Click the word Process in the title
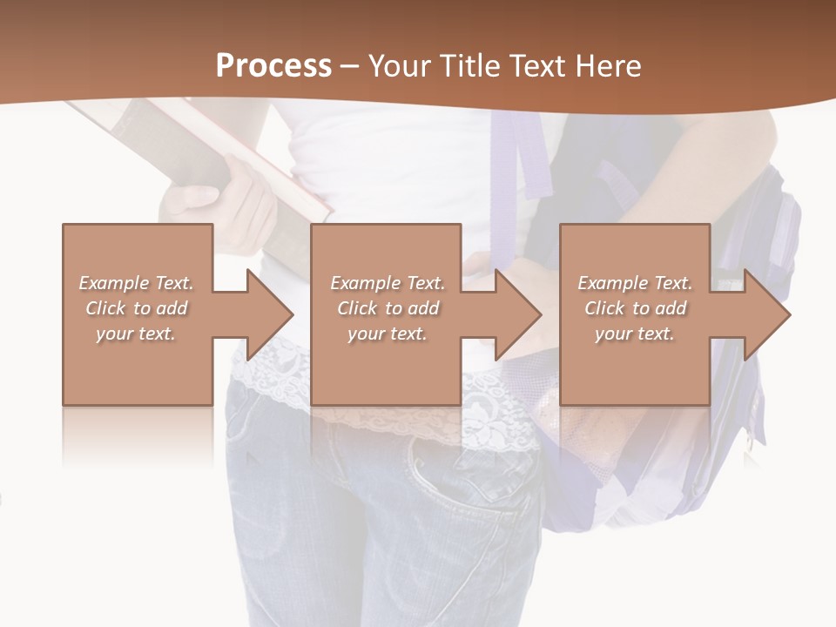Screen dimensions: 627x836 (x=273, y=66)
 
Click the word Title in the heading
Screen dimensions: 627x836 (x=467, y=66)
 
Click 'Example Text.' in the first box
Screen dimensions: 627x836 (x=136, y=283)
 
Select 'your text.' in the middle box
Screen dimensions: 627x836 (x=388, y=334)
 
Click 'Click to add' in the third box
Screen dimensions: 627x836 (x=636, y=308)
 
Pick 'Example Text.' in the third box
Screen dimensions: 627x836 (x=635, y=283)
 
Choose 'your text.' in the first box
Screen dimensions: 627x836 (x=136, y=334)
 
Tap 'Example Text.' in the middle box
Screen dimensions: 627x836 (x=388, y=283)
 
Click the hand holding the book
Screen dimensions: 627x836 (x=218, y=200)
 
